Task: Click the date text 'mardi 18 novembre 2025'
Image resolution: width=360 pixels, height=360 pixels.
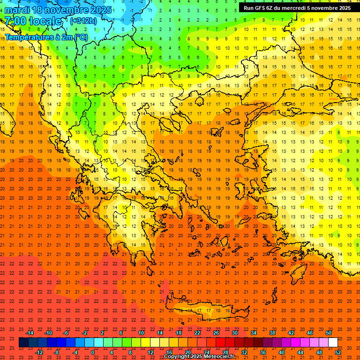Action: click(x=58, y=10)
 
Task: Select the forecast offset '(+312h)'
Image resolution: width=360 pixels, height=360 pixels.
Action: click(x=83, y=21)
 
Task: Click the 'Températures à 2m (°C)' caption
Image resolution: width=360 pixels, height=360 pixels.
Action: click(x=46, y=37)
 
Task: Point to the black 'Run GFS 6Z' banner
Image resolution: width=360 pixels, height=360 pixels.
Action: click(x=297, y=8)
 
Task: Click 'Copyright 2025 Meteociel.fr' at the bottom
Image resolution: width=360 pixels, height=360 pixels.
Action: click(x=199, y=357)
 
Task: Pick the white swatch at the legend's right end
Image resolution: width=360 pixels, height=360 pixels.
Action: click(x=333, y=343)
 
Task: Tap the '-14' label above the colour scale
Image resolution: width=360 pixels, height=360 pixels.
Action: click(x=30, y=333)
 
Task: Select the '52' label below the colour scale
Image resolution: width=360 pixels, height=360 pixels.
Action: click(x=338, y=352)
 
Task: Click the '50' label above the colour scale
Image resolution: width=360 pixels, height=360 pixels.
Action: click(x=329, y=333)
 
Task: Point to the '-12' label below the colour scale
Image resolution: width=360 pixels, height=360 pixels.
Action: click(x=39, y=352)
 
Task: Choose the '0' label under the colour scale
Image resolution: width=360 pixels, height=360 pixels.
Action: click(x=93, y=352)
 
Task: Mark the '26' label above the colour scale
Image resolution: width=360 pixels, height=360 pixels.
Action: click(x=216, y=333)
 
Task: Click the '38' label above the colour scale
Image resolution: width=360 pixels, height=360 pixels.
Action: click(x=272, y=333)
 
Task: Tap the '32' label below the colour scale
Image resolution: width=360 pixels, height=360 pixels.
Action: click(x=244, y=352)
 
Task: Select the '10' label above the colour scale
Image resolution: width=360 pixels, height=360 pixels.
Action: click(x=141, y=333)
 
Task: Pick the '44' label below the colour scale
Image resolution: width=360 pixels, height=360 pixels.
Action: click(x=300, y=352)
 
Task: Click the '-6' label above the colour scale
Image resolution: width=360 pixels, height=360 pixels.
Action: click(x=66, y=333)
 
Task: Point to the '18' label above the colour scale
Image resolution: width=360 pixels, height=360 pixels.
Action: click(x=179, y=333)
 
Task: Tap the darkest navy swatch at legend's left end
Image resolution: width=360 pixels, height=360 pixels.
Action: click(x=23, y=343)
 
